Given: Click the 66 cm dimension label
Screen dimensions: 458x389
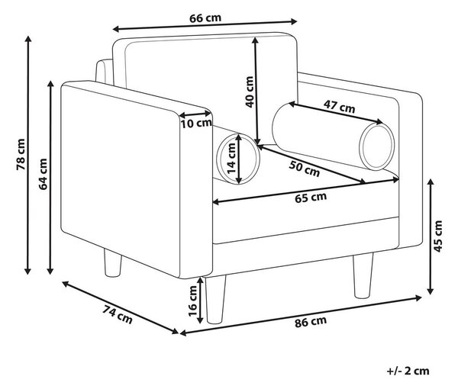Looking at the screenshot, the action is (205, 18).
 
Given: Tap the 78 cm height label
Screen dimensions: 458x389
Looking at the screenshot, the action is (21, 155).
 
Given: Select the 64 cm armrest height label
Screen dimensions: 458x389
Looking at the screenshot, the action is (44, 174).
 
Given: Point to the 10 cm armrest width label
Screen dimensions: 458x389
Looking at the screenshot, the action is (196, 124).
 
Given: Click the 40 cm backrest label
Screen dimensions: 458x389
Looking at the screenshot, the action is (249, 92).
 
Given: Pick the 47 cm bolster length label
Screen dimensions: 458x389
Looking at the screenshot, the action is (339, 106).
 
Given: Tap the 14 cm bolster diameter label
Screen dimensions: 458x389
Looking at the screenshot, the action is (231, 158).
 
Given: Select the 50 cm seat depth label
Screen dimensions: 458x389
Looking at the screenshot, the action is (305, 169).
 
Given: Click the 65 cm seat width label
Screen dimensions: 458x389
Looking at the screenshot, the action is (311, 198).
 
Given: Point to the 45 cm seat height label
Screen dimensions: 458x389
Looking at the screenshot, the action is (438, 236).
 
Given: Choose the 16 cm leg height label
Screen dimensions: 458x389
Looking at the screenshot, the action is (193, 301).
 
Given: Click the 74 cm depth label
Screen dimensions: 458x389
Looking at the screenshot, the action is (118, 314).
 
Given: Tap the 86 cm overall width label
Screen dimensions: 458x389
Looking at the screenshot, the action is (311, 322).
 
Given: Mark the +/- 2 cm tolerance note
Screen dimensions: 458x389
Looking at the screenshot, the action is (408, 371).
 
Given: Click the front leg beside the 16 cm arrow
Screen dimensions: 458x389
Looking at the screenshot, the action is (215, 299).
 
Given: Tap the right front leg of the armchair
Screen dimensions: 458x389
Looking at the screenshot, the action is (363, 276).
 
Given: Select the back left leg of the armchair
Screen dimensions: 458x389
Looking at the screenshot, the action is (113, 263).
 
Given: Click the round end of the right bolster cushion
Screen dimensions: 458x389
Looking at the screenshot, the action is (377, 146).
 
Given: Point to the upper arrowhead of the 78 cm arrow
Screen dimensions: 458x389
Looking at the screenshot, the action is (28, 40).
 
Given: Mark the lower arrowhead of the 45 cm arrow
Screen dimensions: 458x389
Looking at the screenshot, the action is (431, 291).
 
